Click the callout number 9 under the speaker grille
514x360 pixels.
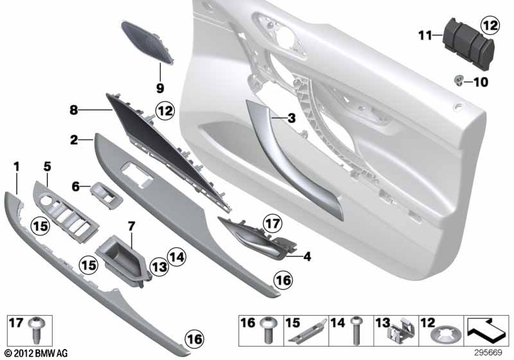[160, 88]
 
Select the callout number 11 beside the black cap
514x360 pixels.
[425, 35]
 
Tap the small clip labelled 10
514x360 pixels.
[460, 80]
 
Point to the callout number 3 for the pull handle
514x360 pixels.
[292, 118]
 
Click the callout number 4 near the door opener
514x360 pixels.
[307, 256]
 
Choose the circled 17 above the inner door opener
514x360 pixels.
[272, 224]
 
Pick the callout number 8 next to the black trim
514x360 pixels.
[74, 110]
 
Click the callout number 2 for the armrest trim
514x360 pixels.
[74, 140]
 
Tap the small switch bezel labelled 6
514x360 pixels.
[107, 195]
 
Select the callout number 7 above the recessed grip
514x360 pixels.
[131, 226]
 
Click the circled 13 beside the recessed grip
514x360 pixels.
[159, 267]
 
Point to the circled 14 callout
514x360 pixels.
[177, 256]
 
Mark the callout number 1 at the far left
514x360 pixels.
[17, 167]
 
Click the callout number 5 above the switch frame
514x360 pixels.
[47, 166]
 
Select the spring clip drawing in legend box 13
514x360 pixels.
[401, 330]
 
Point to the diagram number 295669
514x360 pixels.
[488, 353]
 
